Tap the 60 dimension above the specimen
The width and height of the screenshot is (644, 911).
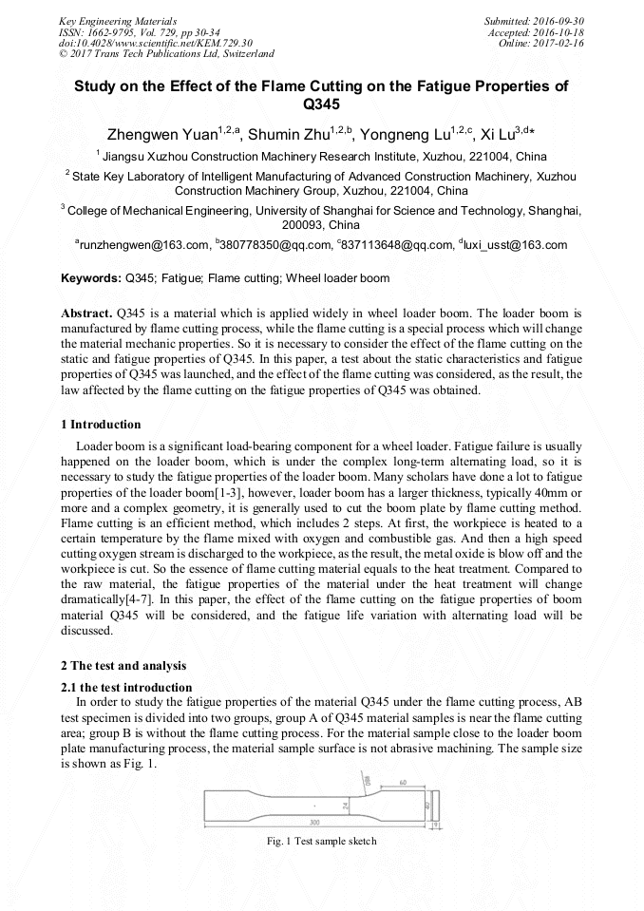point(404,783)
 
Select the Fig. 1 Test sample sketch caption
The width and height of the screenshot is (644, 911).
point(321,841)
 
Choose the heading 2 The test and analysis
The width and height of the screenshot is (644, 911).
point(123,665)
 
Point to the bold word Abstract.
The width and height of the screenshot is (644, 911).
point(86,313)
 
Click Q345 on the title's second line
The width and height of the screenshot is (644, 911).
point(321,104)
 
